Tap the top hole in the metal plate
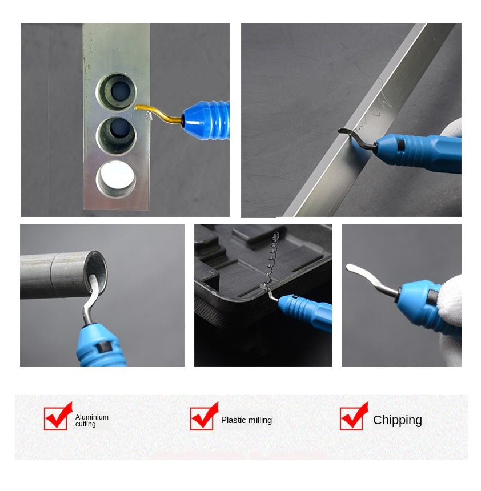coord(117,92)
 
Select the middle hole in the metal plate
coord(117,135)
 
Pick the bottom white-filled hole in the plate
coord(116,179)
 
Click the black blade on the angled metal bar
coord(357,138)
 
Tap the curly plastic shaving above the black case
coord(270,260)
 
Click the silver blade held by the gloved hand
coord(371,280)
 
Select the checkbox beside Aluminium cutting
coord(56,418)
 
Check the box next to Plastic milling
coord(202,418)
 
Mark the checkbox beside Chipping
coord(352,418)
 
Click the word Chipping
coord(398,420)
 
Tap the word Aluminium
coord(92,417)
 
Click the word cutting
coord(86,424)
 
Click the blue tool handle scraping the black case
coord(306,312)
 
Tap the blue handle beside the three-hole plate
coord(207,120)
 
